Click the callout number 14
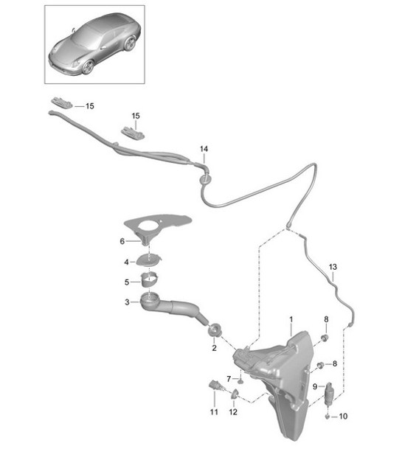click(x=204, y=149)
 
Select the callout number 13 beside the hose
click(x=333, y=267)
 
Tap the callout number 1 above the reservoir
click(x=291, y=319)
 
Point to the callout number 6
click(x=122, y=241)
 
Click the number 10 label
click(x=343, y=417)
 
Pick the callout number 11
click(x=214, y=411)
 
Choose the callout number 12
click(x=233, y=411)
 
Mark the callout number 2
click(x=214, y=348)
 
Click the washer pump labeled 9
click(x=329, y=394)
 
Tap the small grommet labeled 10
click(x=328, y=417)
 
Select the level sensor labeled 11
click(x=215, y=386)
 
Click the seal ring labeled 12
click(x=235, y=394)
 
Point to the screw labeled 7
click(x=240, y=381)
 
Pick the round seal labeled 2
click(x=215, y=329)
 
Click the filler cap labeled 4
click(x=149, y=260)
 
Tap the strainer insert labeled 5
click(x=149, y=279)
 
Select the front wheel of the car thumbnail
click(x=88, y=67)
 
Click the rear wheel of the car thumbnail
click(x=130, y=43)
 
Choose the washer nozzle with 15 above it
click(x=133, y=132)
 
